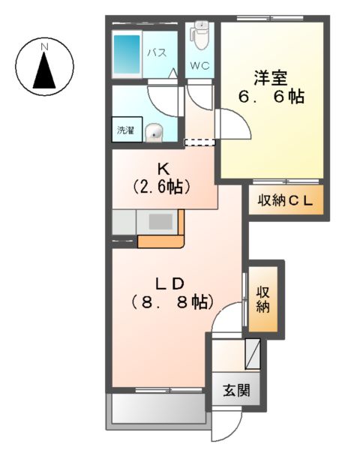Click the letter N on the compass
(44, 47)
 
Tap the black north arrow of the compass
(44, 73)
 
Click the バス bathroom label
(156, 53)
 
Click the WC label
(199, 64)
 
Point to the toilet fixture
(199, 34)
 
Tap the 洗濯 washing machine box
(124, 130)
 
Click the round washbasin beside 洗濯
(154, 132)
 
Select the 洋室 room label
(271, 76)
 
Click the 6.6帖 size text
(271, 97)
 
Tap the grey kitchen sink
(160, 222)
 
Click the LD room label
(170, 283)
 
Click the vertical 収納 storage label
(262, 298)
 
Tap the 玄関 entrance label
(235, 391)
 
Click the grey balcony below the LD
(158, 409)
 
